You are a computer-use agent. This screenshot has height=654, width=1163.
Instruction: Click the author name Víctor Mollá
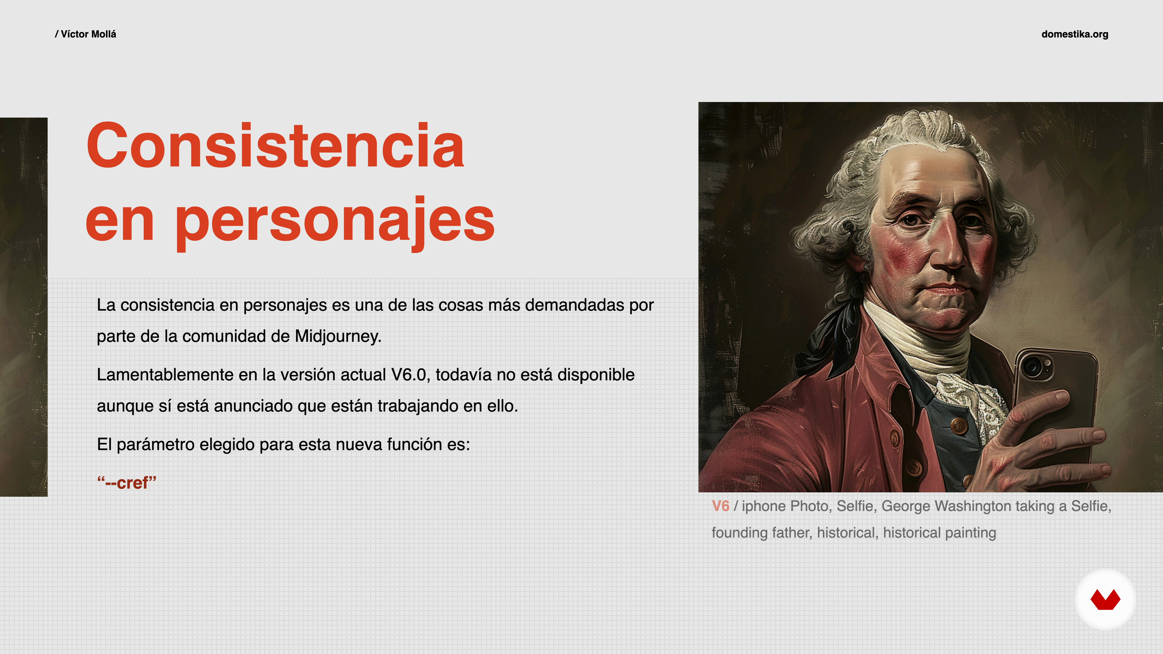click(88, 34)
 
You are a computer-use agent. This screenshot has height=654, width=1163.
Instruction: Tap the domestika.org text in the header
click(1075, 34)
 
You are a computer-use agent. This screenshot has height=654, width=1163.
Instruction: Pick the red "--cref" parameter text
click(127, 483)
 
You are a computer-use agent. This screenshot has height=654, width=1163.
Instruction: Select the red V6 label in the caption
click(721, 506)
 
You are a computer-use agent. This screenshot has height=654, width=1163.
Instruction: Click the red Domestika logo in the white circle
click(1105, 599)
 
